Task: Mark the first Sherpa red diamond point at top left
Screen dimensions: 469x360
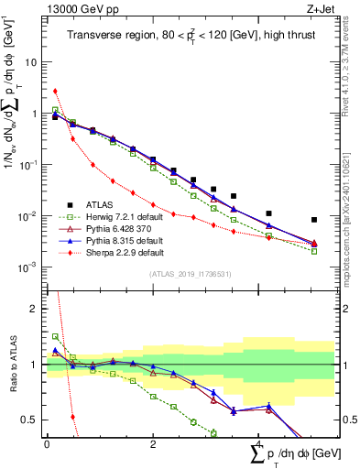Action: [55, 91]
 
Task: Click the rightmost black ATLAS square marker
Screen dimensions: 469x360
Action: [314, 220]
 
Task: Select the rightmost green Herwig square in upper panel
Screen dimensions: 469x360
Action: [314, 251]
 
